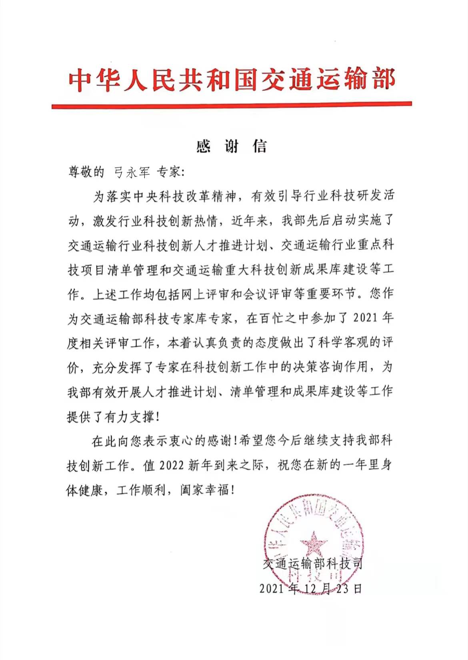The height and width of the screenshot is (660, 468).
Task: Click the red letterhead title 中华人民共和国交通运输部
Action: [x=232, y=80]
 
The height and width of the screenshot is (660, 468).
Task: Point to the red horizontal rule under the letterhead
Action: [x=232, y=105]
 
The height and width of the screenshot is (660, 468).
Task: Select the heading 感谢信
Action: [x=232, y=146]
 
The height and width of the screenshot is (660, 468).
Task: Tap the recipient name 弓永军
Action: [x=132, y=172]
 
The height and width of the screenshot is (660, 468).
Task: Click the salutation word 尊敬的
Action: [x=86, y=172]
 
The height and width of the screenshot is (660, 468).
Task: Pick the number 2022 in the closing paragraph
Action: [x=172, y=465]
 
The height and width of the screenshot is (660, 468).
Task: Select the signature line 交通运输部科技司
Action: [x=313, y=564]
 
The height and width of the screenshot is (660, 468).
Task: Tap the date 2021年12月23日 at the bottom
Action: [x=311, y=588]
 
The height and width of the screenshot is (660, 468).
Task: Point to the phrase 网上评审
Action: [x=204, y=294]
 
